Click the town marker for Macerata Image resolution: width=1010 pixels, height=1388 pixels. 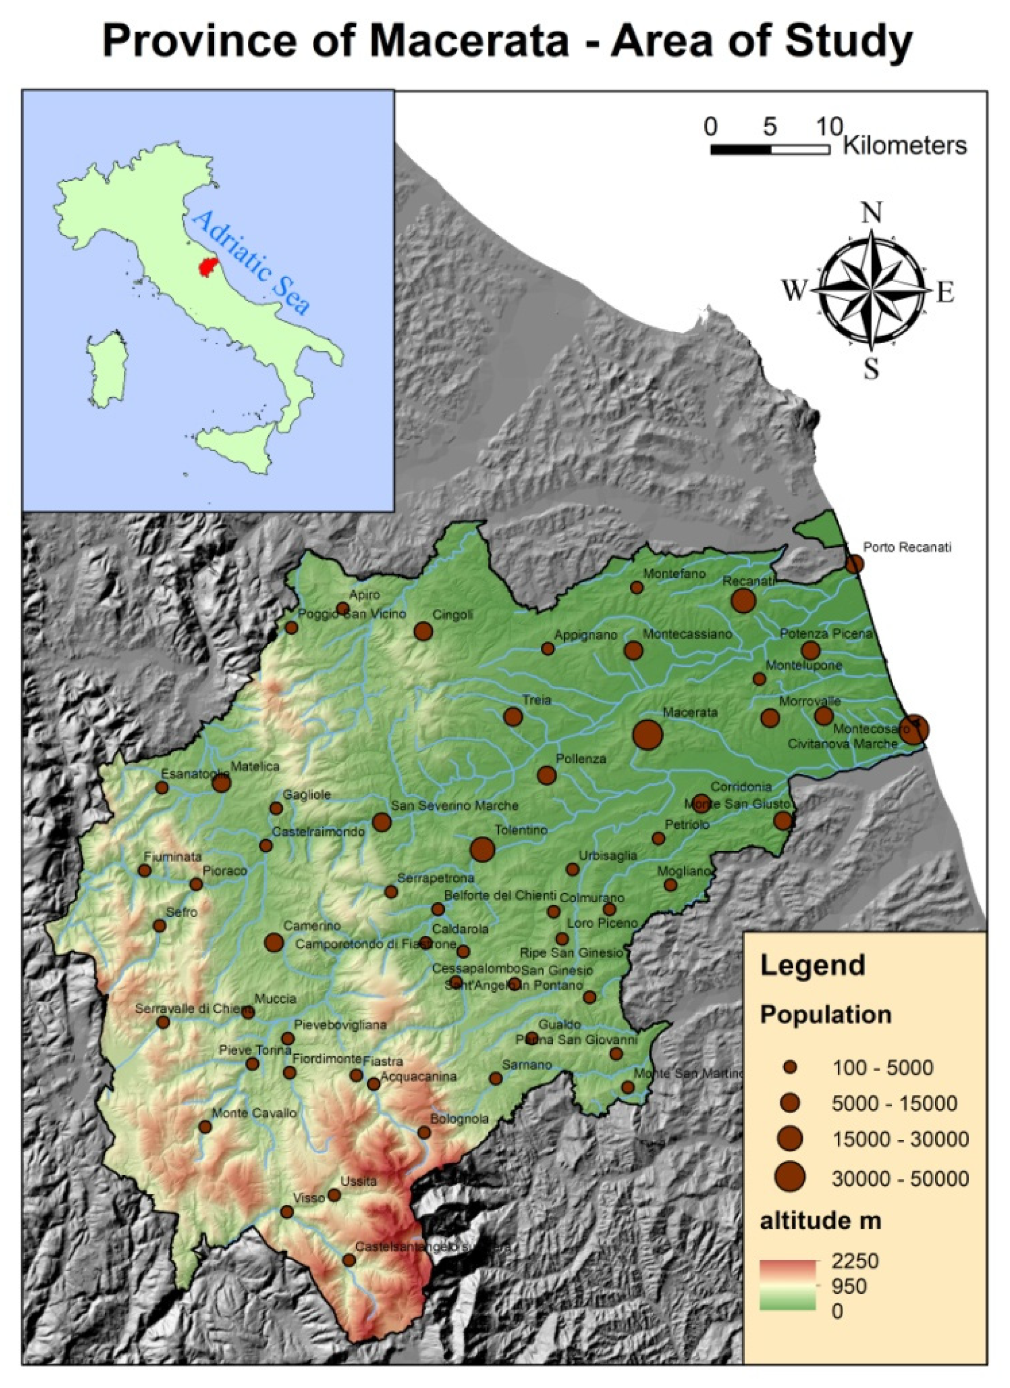pyautogui.click(x=648, y=734)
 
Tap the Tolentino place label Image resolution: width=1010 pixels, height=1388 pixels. pyautogui.click(x=521, y=830)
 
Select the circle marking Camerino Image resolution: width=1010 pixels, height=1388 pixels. pyautogui.click(x=274, y=942)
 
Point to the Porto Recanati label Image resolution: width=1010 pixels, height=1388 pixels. pyautogui.click(x=907, y=548)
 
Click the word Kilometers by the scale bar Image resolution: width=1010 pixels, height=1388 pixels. pyautogui.click(x=905, y=146)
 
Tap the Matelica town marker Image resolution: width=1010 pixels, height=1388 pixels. pyautogui.click(x=222, y=783)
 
